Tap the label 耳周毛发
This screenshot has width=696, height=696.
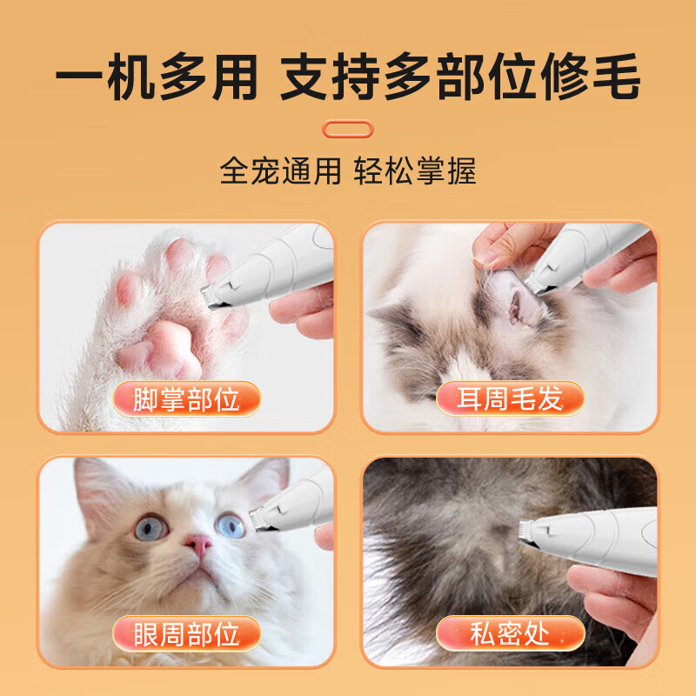tap(511, 399)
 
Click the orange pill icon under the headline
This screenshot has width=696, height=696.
tap(347, 129)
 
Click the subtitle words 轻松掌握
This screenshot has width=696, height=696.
tap(415, 171)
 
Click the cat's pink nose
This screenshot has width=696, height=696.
tap(198, 545)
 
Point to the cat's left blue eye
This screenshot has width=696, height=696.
tap(150, 527)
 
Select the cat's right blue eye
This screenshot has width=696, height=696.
tap(231, 525)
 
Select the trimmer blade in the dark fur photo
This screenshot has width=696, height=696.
tap(524, 529)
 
